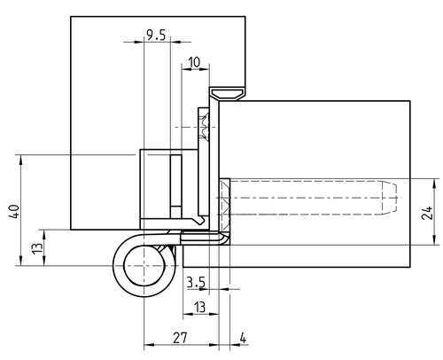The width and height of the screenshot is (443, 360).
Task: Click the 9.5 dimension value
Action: tap(156, 35)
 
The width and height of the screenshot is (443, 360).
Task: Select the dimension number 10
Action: tap(194, 63)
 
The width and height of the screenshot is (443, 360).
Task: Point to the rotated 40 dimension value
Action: tap(14, 212)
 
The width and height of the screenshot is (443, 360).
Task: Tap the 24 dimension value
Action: tap(428, 213)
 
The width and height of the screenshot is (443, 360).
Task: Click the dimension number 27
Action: tap(180, 338)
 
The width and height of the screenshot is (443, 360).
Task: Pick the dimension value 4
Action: tap(243, 338)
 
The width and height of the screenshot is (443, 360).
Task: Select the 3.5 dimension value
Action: tap(196, 283)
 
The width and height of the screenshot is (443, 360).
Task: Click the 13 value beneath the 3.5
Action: tap(199, 307)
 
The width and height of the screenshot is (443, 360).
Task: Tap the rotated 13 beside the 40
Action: tap(37, 248)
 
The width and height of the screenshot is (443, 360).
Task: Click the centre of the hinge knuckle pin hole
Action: tap(144, 265)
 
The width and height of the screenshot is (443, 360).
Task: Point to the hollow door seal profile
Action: tap(227, 93)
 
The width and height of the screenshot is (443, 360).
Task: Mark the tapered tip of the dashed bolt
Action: tap(389, 198)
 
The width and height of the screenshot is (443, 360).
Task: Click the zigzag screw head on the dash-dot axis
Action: tap(204, 127)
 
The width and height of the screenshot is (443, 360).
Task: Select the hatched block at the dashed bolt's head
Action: tap(225, 205)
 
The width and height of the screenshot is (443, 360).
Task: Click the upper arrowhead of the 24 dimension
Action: tap(434, 184)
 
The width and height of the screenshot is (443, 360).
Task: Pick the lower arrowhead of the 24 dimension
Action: tap(434, 239)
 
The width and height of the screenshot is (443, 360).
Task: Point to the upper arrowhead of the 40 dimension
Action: tap(20, 160)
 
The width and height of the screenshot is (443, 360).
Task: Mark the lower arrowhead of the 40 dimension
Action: tap(20, 261)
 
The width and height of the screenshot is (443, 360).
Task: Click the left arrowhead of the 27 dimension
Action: tap(149, 345)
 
